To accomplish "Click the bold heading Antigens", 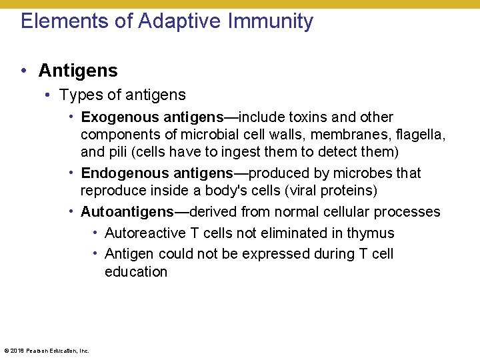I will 78,71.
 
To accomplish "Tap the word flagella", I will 421,135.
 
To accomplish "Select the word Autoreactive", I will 143,233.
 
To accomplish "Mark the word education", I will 136,272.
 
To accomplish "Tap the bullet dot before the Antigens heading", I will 23,71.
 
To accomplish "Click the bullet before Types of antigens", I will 49,95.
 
